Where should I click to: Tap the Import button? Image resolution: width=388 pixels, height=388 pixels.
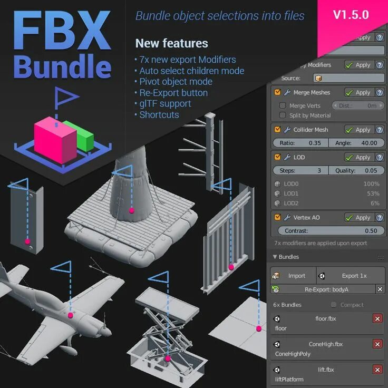(293, 275)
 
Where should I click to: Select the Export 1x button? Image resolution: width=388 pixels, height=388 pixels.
(351, 275)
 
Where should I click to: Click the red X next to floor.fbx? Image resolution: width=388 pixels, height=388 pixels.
(377, 318)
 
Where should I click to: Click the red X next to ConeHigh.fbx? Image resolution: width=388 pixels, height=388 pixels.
(377, 344)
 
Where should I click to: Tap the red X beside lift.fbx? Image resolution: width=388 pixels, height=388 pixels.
(377, 369)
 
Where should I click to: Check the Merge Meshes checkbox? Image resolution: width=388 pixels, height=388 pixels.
(277, 92)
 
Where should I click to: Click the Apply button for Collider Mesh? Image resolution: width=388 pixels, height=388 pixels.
(358, 130)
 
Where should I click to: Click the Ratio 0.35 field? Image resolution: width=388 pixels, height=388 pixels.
(300, 143)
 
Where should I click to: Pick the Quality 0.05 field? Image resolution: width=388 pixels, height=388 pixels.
(356, 170)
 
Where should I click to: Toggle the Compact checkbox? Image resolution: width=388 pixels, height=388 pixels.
(334, 305)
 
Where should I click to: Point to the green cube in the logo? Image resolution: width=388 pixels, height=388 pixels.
(84, 136)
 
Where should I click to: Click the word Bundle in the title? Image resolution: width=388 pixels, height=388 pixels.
(62, 67)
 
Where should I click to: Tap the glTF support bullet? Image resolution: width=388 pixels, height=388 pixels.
(165, 103)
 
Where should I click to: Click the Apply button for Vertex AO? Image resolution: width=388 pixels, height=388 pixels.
(358, 217)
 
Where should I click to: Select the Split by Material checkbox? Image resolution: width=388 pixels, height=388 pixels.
(283, 115)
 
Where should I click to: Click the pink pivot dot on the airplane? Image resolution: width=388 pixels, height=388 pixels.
(70, 315)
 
